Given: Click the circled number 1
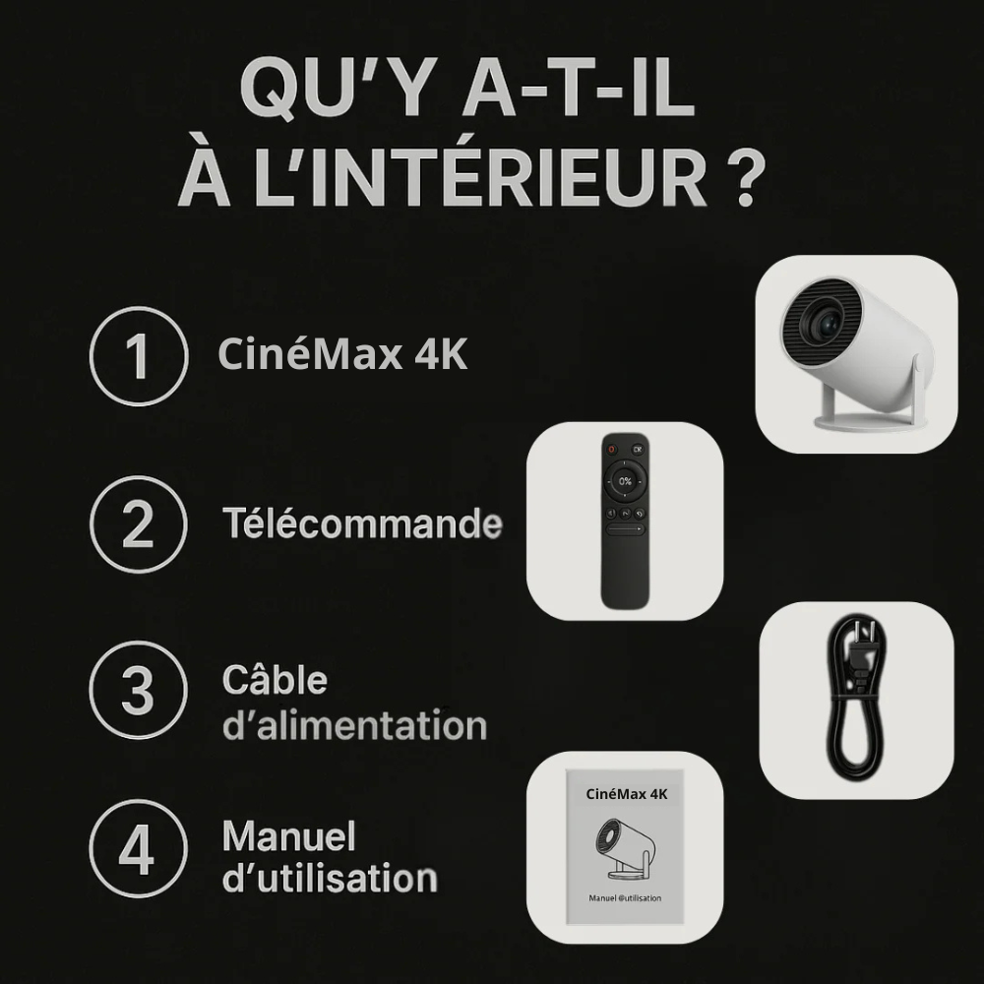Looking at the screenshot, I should click(138, 356).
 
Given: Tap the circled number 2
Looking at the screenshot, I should click(138, 524).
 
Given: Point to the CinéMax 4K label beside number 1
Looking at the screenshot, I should click(342, 355).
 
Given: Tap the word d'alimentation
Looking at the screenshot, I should click(354, 726).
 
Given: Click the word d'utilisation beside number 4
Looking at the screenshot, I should click(330, 877).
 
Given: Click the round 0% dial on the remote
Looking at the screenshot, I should click(625, 481).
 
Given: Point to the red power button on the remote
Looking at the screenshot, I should click(610, 451).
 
